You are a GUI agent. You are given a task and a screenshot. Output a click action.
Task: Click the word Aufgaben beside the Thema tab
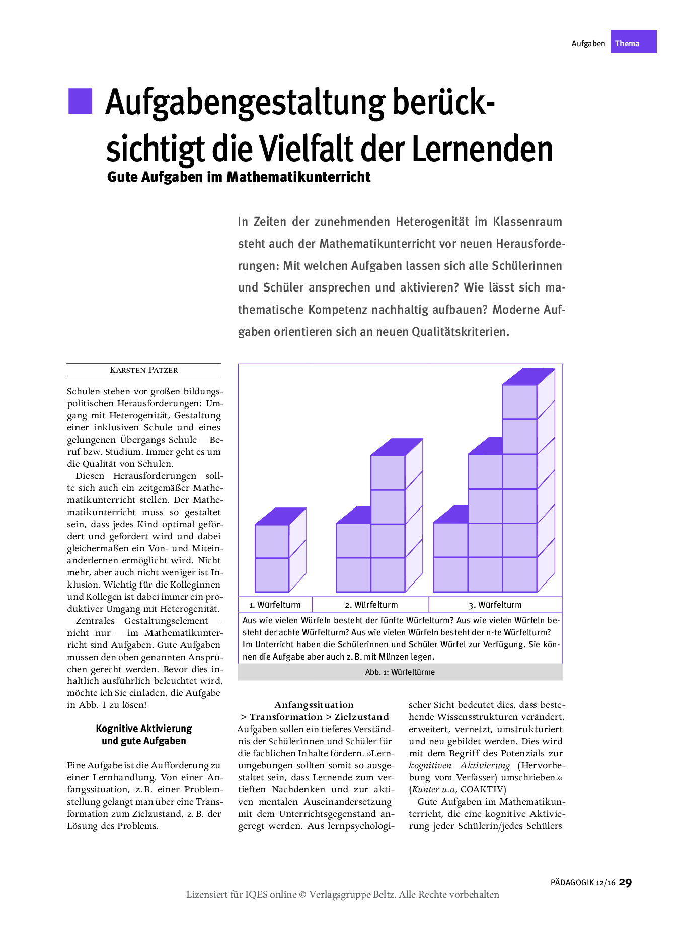coord(588,44)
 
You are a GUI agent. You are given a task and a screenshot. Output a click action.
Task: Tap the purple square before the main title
coord(81,101)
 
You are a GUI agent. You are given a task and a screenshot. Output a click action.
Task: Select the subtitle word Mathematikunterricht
coord(298,177)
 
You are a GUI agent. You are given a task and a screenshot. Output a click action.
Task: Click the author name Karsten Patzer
coord(144,370)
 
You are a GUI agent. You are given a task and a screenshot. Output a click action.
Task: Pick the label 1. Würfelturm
coord(275,605)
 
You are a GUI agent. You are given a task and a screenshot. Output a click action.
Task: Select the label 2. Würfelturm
coord(371,605)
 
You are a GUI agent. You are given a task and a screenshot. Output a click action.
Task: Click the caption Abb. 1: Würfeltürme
coord(400,672)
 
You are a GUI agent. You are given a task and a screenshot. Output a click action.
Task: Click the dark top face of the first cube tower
coord(280,516)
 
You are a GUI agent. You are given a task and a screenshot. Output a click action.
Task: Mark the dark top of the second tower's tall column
coord(397,447)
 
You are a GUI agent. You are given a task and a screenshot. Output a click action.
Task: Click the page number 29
coord(625,882)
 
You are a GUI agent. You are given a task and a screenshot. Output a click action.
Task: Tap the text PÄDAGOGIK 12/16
coord(583,883)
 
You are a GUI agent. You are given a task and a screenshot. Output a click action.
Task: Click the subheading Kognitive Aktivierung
coord(144,729)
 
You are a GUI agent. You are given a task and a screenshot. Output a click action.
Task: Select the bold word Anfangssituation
coord(314,705)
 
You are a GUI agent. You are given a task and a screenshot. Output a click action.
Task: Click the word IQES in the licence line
coord(257,894)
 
